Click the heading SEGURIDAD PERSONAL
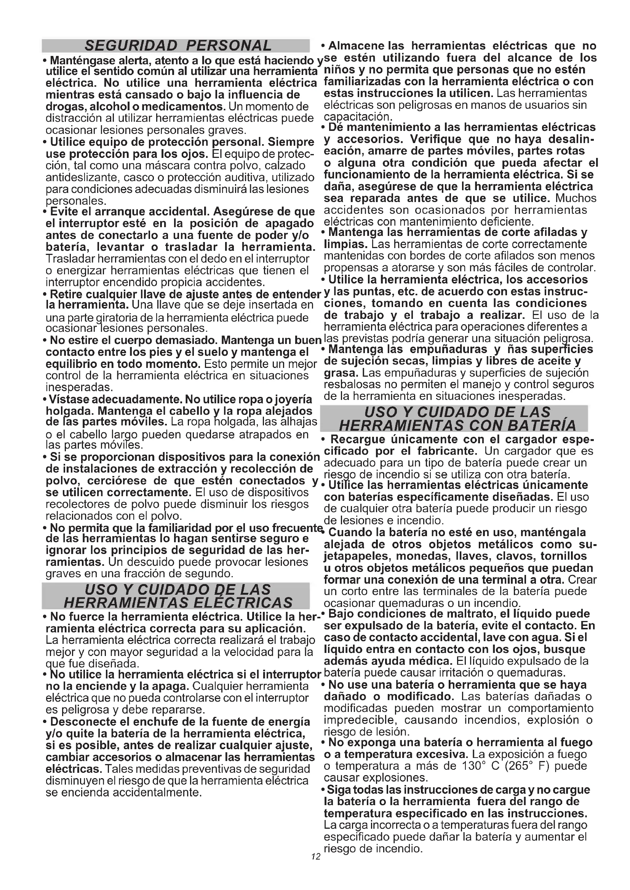coord(178,46)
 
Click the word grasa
coord(340,373)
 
